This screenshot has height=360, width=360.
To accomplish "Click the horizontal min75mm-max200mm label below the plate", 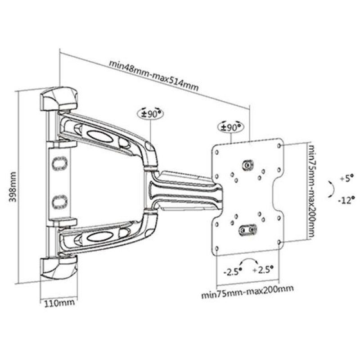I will [245, 295].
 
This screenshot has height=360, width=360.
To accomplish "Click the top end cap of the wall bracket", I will [60, 98].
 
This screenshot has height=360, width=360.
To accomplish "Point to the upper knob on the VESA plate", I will [247, 166].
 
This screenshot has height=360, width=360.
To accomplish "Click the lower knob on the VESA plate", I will [247, 230].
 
